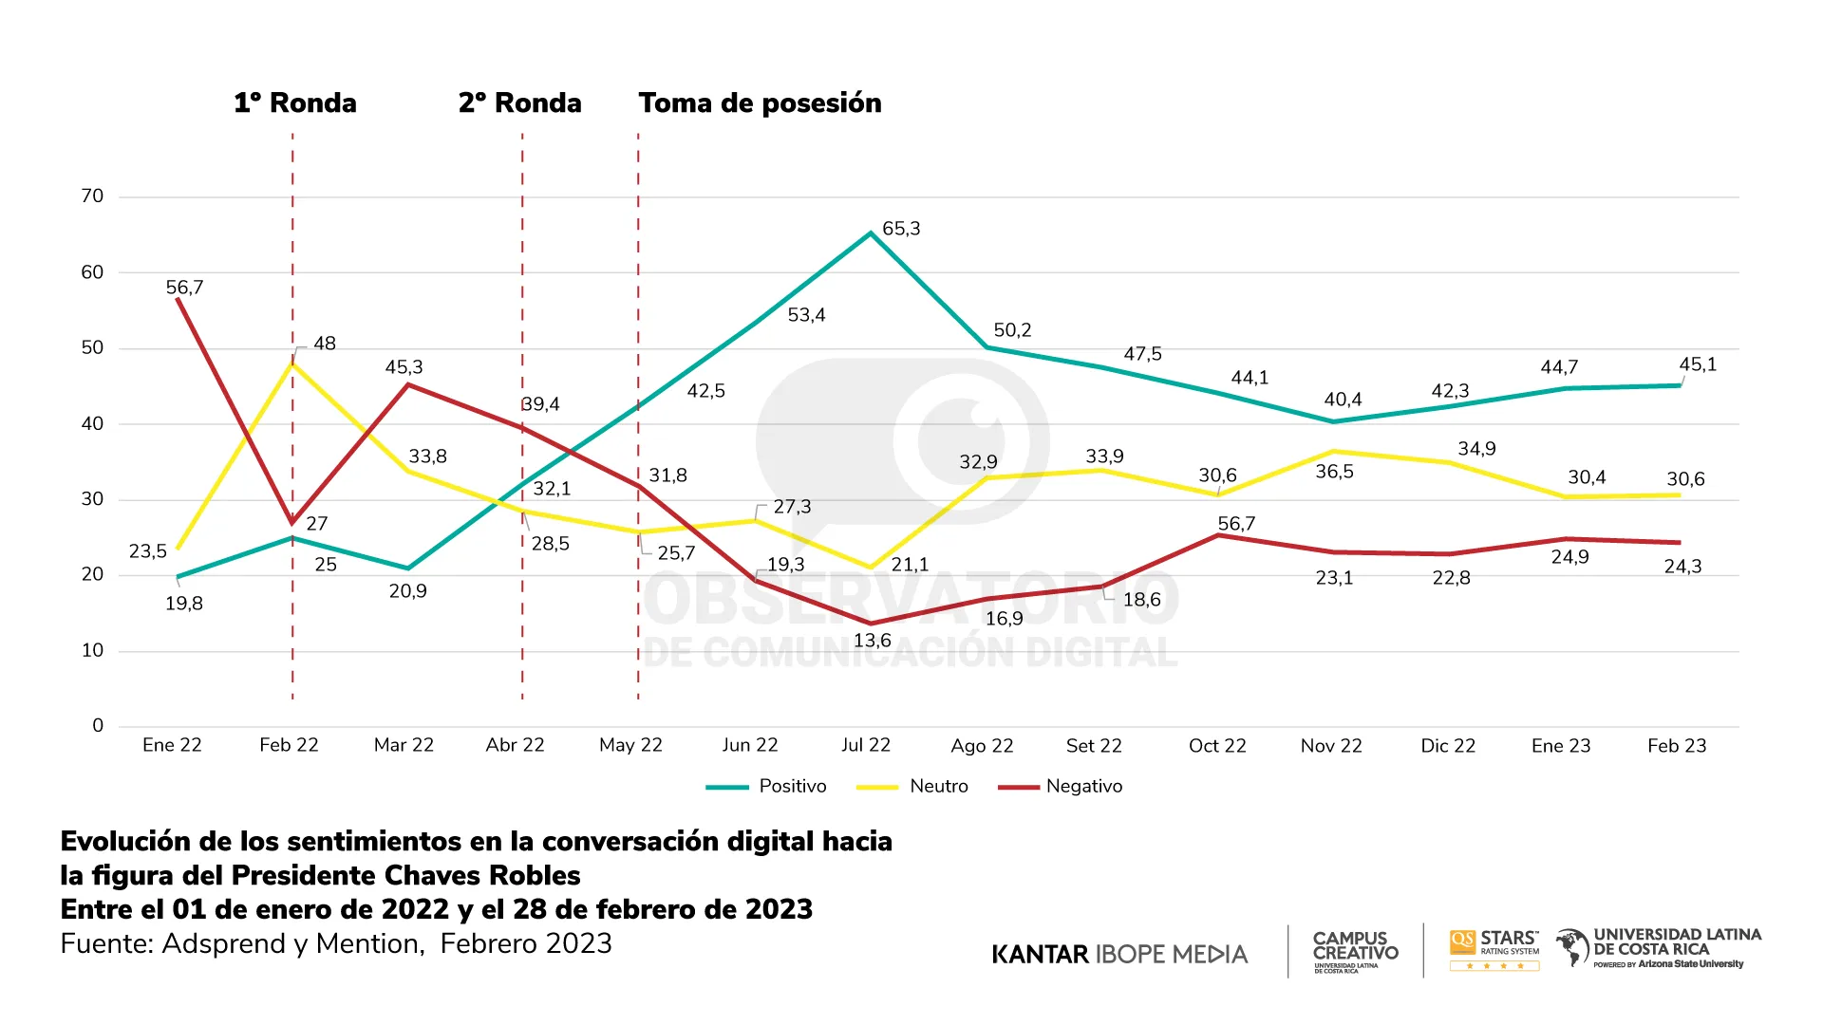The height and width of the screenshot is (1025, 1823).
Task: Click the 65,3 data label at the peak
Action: [x=901, y=229]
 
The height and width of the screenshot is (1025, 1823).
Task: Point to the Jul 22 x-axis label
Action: [x=866, y=745]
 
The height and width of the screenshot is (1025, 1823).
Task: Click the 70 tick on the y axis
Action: [x=92, y=196]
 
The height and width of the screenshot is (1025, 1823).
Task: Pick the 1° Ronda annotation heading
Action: [x=295, y=102]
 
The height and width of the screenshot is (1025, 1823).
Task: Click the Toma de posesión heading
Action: [x=760, y=102]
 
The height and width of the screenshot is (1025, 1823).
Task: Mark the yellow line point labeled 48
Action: [x=292, y=363]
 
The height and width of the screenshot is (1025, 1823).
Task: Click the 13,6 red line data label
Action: [x=872, y=641]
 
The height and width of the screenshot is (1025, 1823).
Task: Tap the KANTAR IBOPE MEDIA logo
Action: [x=1119, y=954]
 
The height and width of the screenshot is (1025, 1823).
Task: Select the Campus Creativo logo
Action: [x=1355, y=950]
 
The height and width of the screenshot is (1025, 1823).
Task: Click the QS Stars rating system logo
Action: [x=1494, y=949]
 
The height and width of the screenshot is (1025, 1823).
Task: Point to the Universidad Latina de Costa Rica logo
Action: [x=1659, y=948]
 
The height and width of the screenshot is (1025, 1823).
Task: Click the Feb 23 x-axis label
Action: [x=1677, y=746]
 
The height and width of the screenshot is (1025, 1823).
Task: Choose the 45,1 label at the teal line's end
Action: [x=1698, y=364]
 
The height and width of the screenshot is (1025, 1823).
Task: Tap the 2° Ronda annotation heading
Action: [x=520, y=102]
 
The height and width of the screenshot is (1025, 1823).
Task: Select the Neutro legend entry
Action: [x=938, y=786]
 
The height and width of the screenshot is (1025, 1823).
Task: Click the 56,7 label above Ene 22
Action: [x=184, y=288]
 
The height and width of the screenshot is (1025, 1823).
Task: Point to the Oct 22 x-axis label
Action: [x=1217, y=746]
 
